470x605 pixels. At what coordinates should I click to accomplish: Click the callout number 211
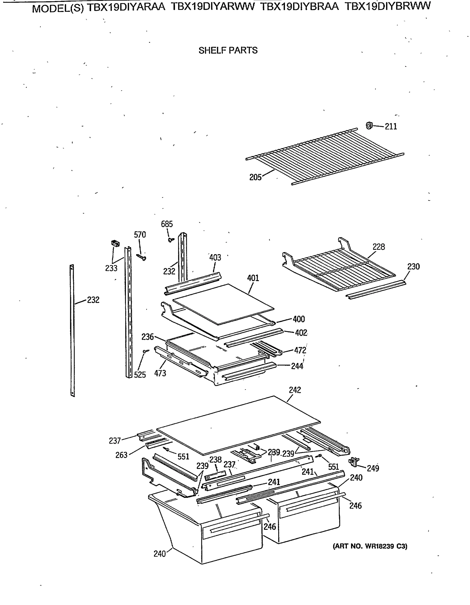(x=391, y=127)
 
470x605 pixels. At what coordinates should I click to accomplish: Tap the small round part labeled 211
(x=369, y=126)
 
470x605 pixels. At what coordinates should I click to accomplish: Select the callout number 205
(x=255, y=177)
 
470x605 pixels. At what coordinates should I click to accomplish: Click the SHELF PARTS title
(x=228, y=50)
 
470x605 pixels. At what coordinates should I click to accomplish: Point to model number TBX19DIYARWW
(x=213, y=6)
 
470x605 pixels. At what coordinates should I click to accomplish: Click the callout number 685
(x=167, y=224)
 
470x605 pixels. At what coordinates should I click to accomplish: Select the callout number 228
(x=378, y=247)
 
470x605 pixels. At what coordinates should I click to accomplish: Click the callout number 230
(x=413, y=266)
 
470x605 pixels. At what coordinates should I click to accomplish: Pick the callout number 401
(x=253, y=278)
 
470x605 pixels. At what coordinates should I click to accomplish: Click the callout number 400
(x=299, y=319)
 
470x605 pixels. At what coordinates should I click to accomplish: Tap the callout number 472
(x=300, y=350)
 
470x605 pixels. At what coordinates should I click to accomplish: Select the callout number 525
(x=140, y=375)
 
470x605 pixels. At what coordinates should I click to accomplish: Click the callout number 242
(x=295, y=390)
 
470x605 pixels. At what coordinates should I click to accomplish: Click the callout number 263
(x=121, y=455)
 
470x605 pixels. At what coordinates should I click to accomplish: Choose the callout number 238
(x=215, y=460)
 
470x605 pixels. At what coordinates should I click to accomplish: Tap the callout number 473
(x=160, y=373)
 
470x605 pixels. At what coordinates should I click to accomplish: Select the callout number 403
(x=215, y=258)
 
